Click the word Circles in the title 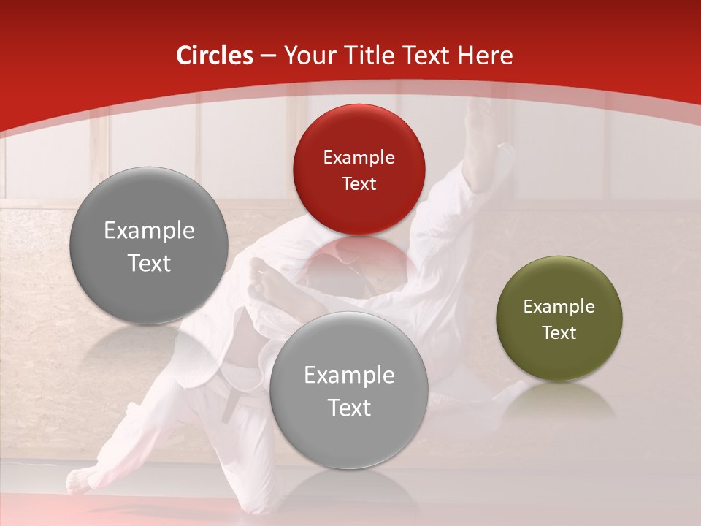(215, 56)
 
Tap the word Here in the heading (485, 56)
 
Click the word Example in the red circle (359, 158)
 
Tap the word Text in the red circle (359, 184)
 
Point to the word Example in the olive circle (559, 307)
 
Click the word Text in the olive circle (559, 333)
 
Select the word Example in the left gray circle (149, 231)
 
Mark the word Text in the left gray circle (149, 264)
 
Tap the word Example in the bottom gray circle (348, 376)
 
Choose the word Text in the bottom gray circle (348, 408)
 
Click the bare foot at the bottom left (83, 480)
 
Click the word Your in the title (307, 56)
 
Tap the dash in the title (268, 56)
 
